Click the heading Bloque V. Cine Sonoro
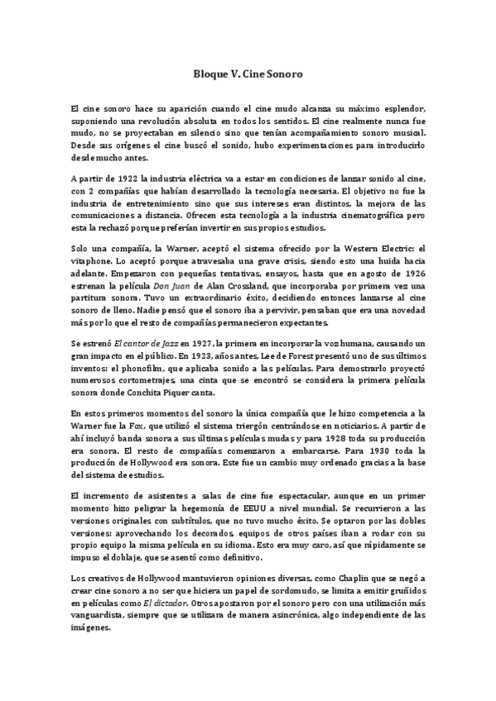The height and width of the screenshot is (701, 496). point(248,74)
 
